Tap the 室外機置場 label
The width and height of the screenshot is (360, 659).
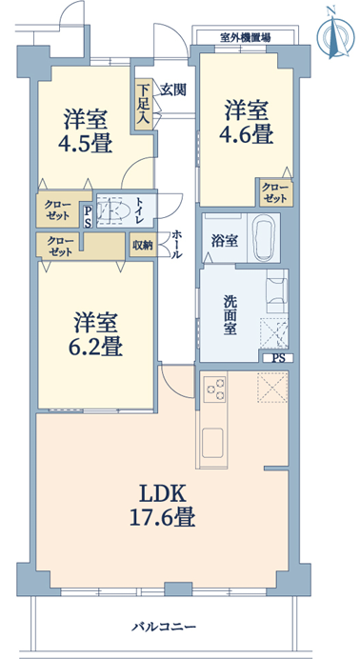click(x=246, y=38)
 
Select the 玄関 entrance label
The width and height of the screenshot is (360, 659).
click(x=173, y=90)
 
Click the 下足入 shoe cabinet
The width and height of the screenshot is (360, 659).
click(x=143, y=104)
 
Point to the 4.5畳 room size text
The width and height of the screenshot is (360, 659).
click(x=86, y=144)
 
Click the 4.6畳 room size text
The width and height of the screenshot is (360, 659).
click(x=246, y=134)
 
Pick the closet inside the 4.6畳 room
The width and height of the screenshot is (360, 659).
click(x=276, y=193)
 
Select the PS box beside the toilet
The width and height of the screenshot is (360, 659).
click(x=88, y=216)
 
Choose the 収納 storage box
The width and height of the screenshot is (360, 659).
click(x=143, y=245)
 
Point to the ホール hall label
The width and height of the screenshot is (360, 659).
click(x=177, y=244)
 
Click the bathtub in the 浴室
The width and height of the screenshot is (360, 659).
click(x=263, y=237)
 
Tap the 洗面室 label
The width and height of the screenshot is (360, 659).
click(x=230, y=315)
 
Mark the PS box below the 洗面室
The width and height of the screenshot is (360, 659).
click(x=278, y=358)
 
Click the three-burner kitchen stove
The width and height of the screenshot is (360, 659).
click(x=214, y=389)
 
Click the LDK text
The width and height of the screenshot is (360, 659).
click(x=162, y=494)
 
